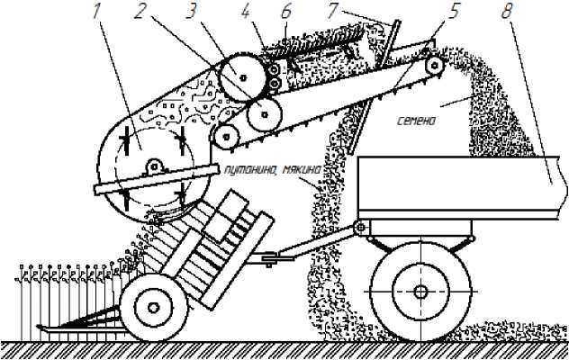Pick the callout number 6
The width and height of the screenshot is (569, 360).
[x=287, y=13]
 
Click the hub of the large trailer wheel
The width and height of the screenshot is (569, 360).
[x=420, y=291]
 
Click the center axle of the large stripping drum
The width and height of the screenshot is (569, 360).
[x=155, y=166]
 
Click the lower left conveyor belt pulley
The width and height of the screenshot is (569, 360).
[x=224, y=136]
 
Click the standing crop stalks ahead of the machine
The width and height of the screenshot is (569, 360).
[x=63, y=288]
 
